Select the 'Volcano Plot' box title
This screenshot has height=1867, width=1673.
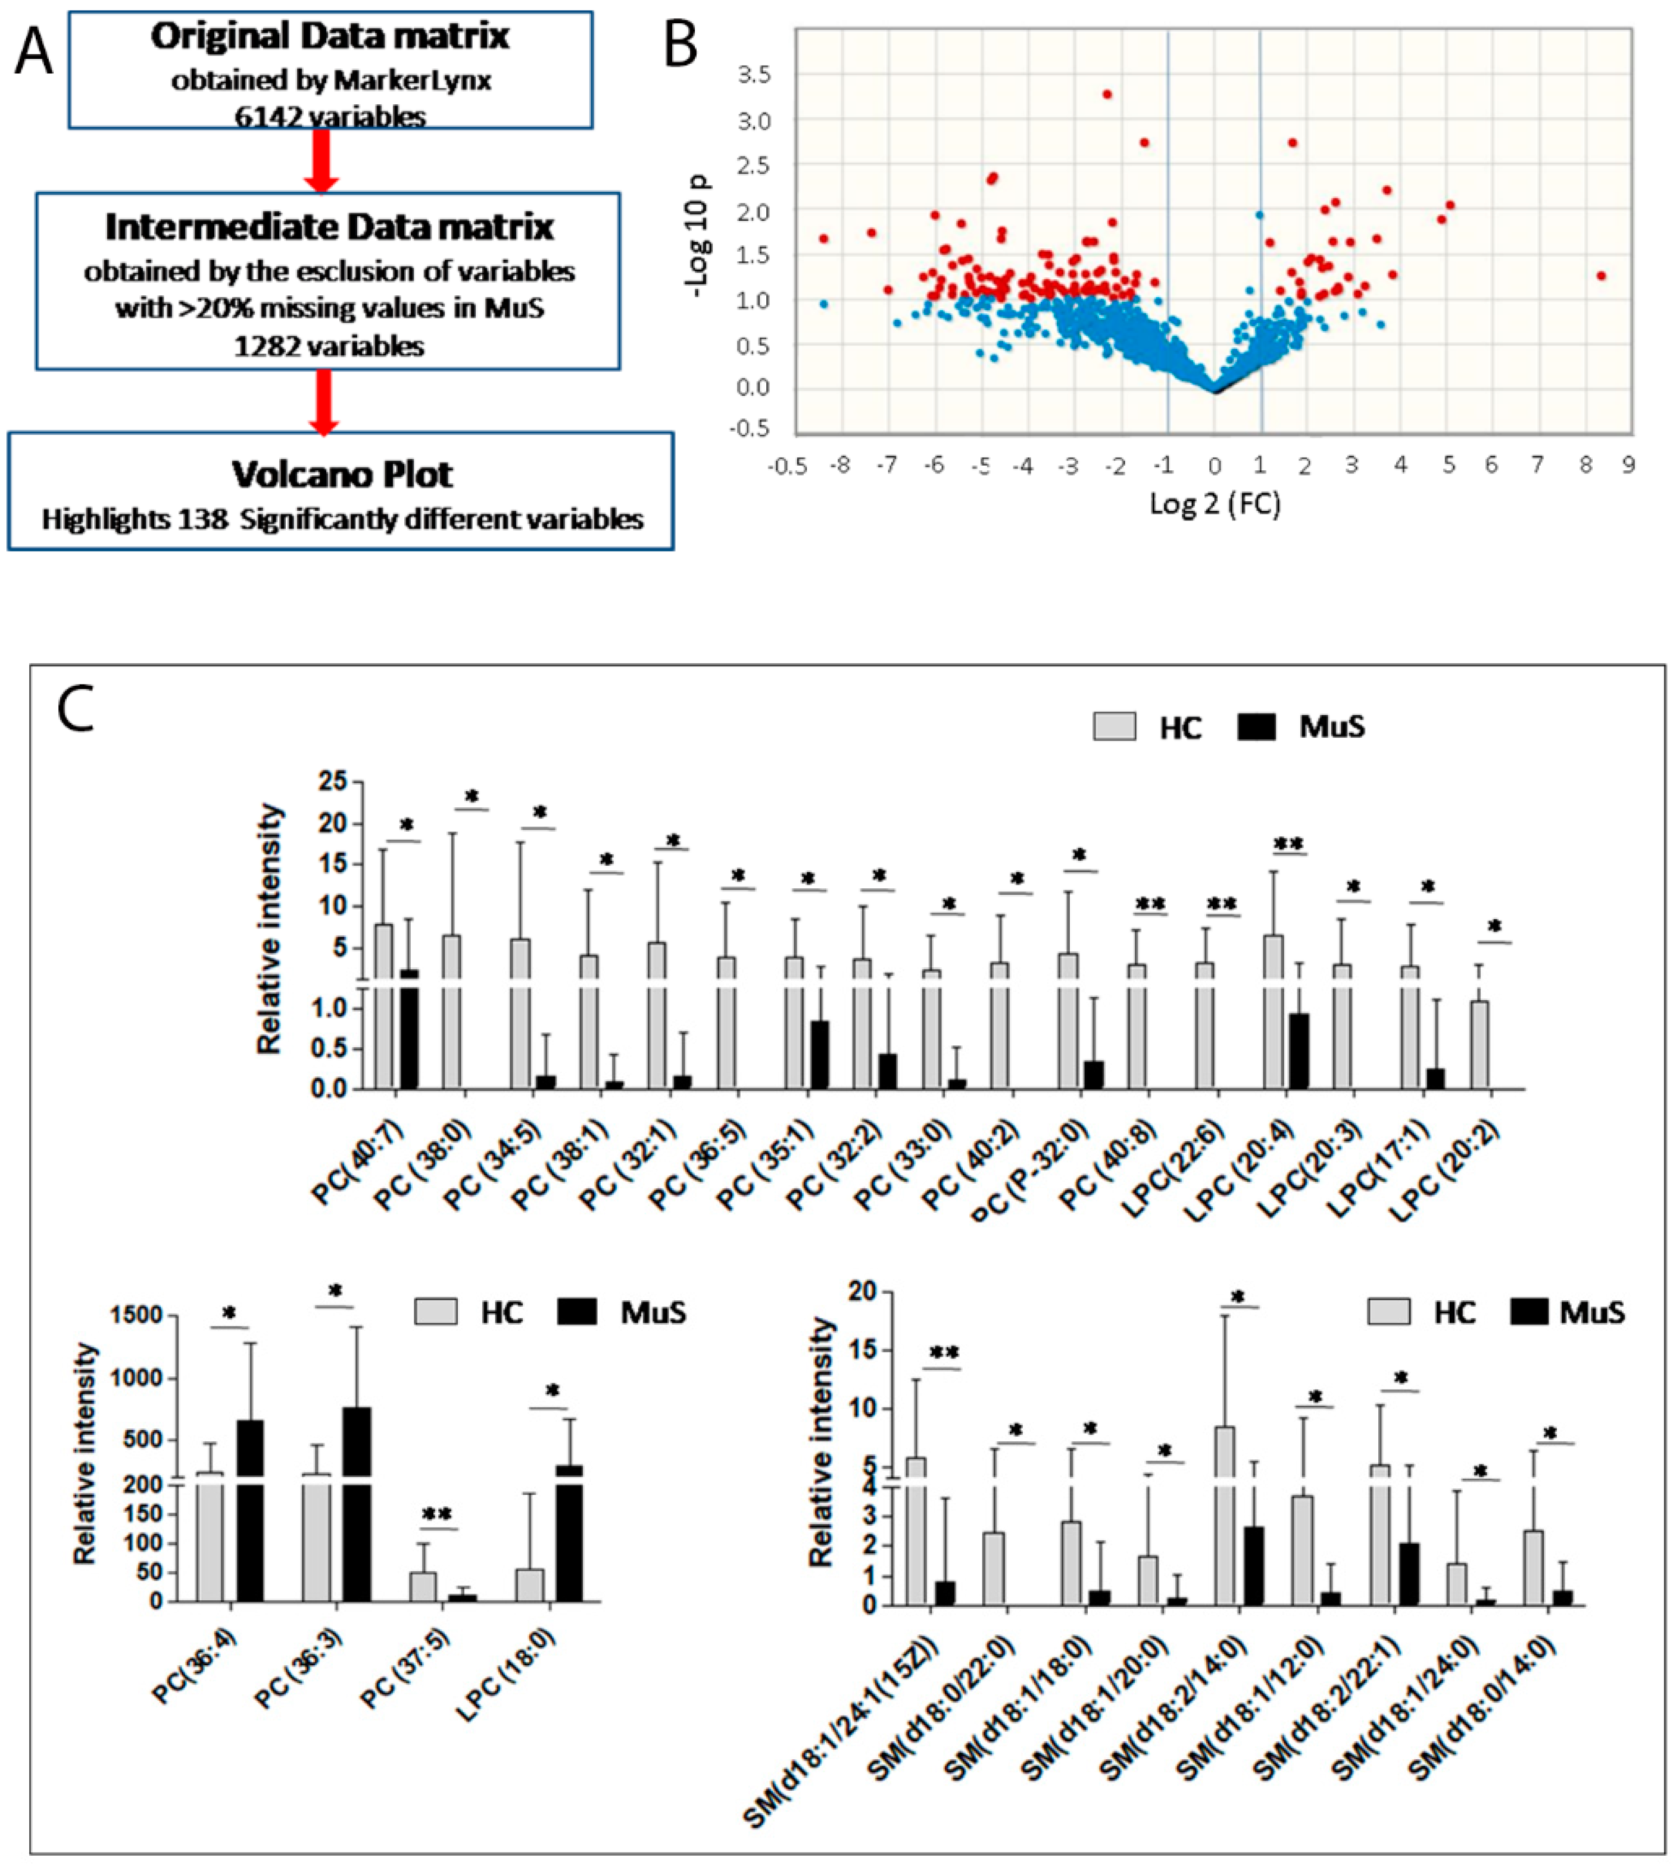coord(342,474)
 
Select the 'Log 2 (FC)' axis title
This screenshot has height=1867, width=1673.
coord(1215,503)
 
